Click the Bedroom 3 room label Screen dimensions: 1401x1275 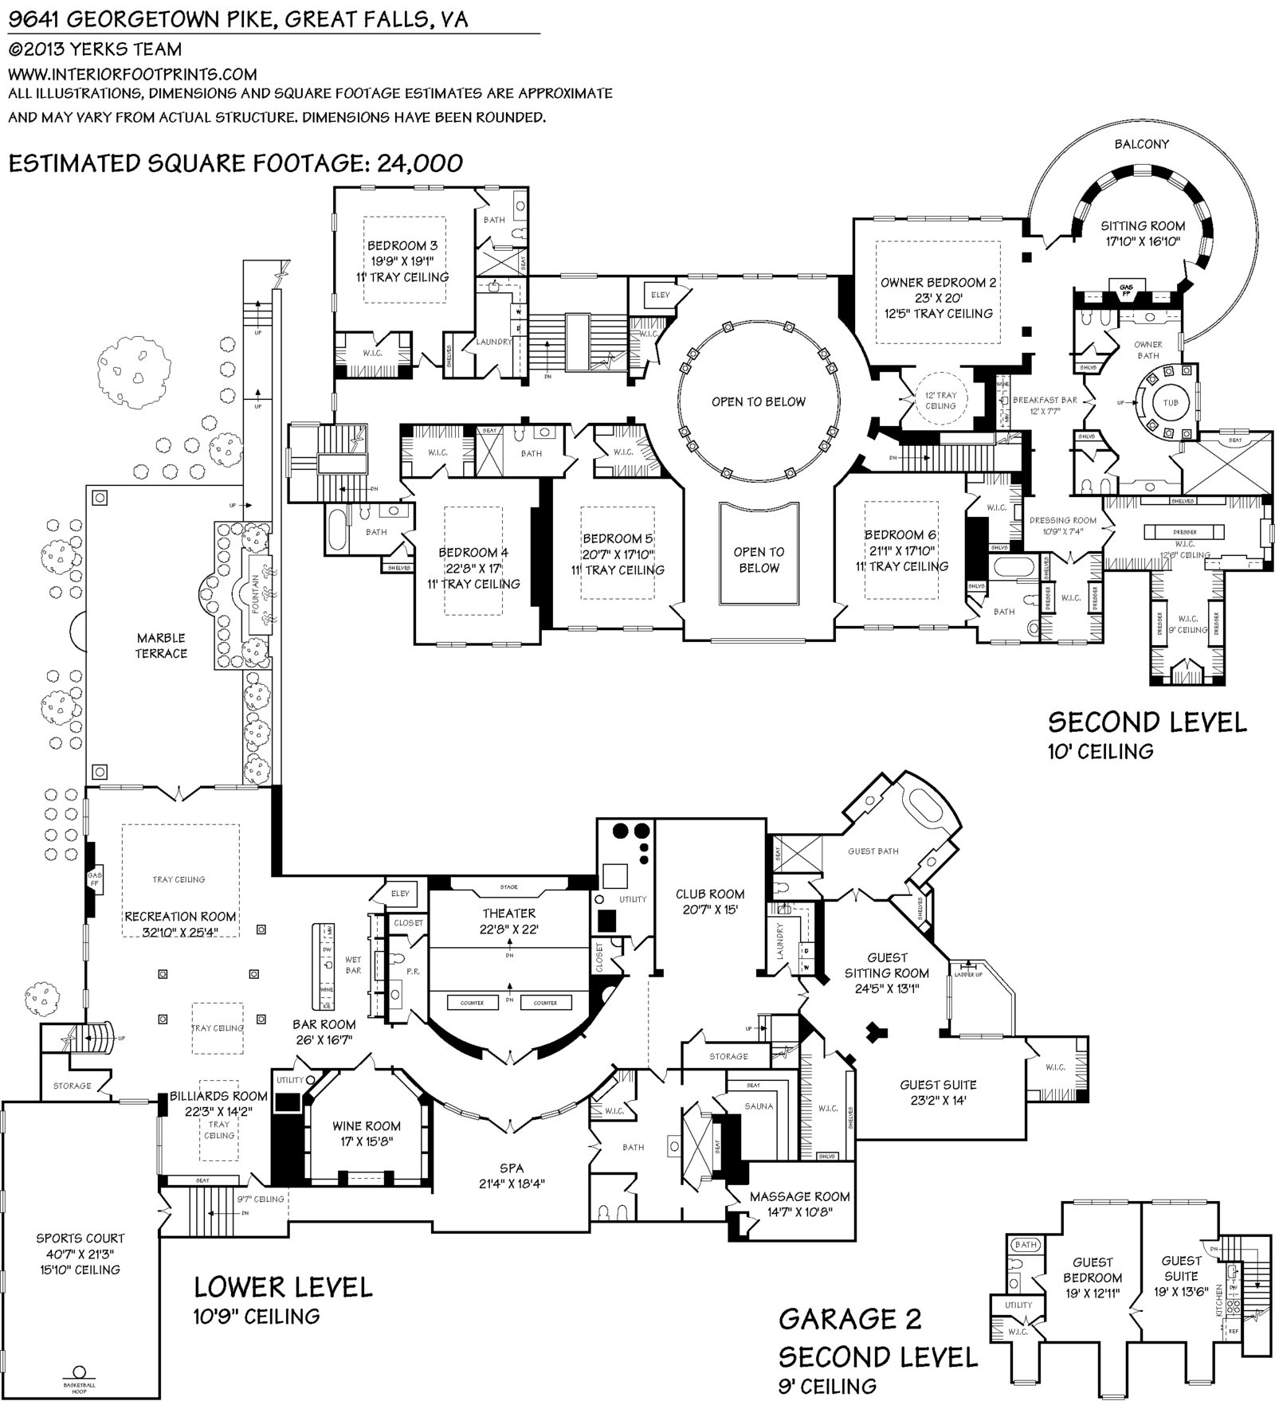402,246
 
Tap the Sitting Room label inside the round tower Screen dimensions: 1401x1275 1143,226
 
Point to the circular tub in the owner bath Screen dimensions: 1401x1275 1170,402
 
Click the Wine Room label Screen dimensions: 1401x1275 367,1126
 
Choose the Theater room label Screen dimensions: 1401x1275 508,914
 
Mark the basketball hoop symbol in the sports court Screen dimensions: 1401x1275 79,1373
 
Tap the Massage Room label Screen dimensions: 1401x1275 799,1196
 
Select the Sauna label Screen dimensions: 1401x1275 759,1106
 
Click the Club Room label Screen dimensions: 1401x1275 710,894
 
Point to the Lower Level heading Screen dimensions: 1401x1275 283,1287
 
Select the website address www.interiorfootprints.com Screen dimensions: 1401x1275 132,74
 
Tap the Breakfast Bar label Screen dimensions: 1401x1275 1045,400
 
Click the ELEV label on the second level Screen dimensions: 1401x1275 661,295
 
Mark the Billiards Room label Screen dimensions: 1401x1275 218,1097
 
